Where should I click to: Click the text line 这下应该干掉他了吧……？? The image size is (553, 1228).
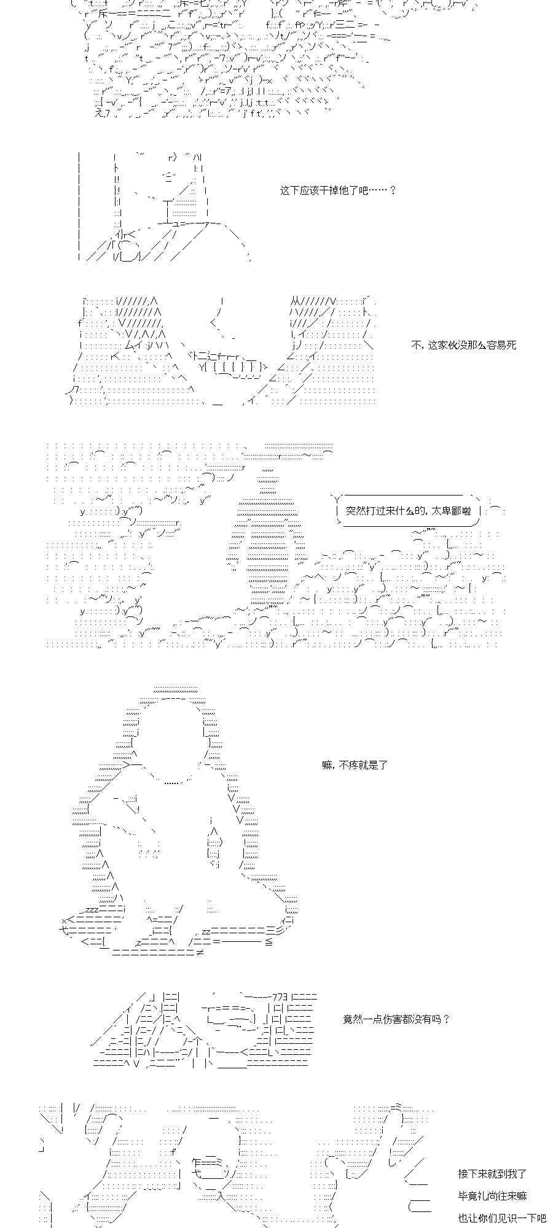(x=338, y=190)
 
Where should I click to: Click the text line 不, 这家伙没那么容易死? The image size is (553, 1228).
(x=464, y=345)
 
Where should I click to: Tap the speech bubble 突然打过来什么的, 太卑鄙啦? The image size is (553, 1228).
(x=408, y=510)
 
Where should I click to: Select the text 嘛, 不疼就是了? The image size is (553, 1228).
(x=355, y=765)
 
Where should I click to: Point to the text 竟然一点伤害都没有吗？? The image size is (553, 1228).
(x=396, y=1019)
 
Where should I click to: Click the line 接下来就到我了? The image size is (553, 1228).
(x=492, y=1174)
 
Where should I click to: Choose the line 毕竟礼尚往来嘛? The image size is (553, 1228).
(x=492, y=1196)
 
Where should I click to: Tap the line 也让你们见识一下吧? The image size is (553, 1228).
(x=502, y=1218)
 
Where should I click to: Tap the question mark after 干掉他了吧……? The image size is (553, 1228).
(x=393, y=190)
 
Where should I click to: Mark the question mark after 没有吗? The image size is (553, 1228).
(x=446, y=1019)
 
